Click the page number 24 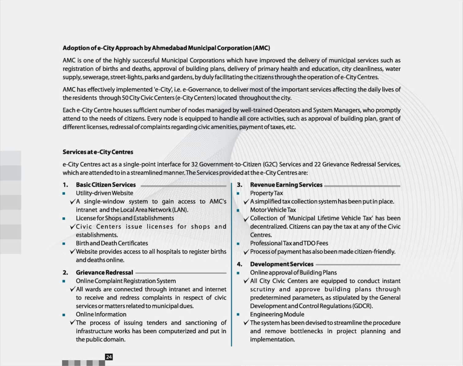click(x=109, y=357)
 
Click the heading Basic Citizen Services click(x=106, y=185)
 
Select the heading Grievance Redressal click(x=104, y=272)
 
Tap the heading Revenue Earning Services click(x=286, y=185)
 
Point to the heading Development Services click(x=282, y=264)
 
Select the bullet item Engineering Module click(x=277, y=314)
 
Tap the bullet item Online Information click(x=101, y=314)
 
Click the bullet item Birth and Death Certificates click(x=112, y=243)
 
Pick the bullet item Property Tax click(x=267, y=193)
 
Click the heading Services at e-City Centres click(x=98, y=152)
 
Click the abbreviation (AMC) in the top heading click(x=261, y=48)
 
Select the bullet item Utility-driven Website click(x=104, y=193)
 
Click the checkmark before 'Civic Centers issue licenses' click(x=72, y=227)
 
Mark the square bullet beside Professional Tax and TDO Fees click(x=238, y=243)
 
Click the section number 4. click(x=239, y=264)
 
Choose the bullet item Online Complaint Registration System click(x=126, y=281)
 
